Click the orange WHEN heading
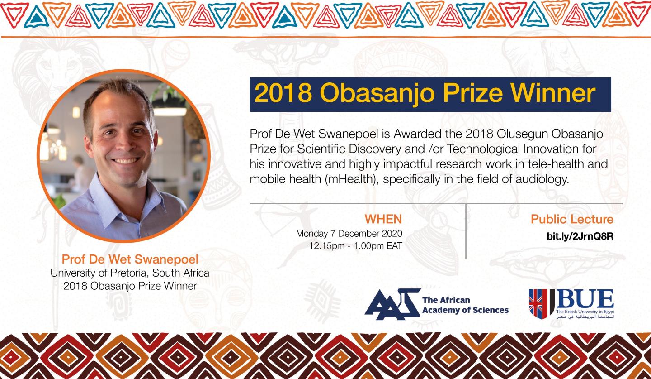(383, 220)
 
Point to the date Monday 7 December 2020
(349, 234)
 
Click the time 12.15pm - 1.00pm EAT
(355, 247)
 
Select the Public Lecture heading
(572, 220)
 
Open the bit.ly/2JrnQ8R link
(580, 236)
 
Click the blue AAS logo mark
(392, 301)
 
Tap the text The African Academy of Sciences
(465, 305)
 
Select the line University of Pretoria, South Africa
(130, 273)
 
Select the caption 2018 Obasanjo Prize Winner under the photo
(130, 286)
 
